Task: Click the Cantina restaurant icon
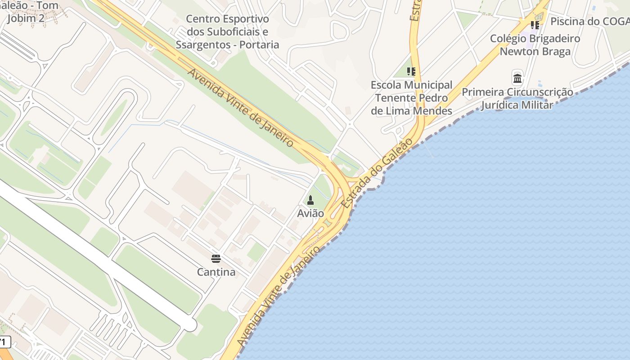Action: [216, 259]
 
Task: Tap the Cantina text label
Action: [216, 272]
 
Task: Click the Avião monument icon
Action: [310, 200]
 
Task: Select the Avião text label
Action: [310, 213]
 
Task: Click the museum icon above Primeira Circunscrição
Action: [517, 78]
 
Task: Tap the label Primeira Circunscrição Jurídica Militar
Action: [517, 99]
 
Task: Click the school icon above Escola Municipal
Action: [411, 72]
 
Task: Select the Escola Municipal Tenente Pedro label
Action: [411, 98]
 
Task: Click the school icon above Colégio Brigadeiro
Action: [535, 25]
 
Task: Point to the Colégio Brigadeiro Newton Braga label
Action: [535, 45]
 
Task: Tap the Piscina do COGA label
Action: [589, 21]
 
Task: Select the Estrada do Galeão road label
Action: [377, 173]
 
